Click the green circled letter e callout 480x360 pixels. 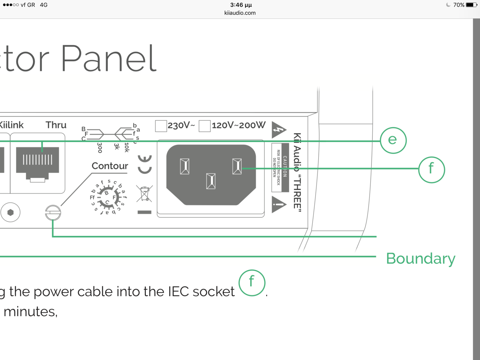[x=393, y=140]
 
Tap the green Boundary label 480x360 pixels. [x=421, y=259]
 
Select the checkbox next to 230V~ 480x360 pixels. [x=161, y=126]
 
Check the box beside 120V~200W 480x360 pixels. [x=205, y=126]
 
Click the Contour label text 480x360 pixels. [x=110, y=166]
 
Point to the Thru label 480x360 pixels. [x=56, y=125]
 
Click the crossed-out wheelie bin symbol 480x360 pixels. [x=144, y=193]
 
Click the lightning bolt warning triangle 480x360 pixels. [x=278, y=130]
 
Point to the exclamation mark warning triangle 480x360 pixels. [x=278, y=205]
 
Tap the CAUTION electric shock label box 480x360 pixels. [x=280, y=167]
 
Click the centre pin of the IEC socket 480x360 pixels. [x=211, y=181]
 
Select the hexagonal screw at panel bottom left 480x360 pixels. [x=10, y=212]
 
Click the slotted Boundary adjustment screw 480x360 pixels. [x=53, y=213]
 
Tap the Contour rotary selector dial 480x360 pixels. [x=107, y=197]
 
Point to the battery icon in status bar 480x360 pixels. [x=471, y=5]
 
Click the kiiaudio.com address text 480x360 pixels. [x=240, y=13]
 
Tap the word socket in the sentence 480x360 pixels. [x=213, y=292]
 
